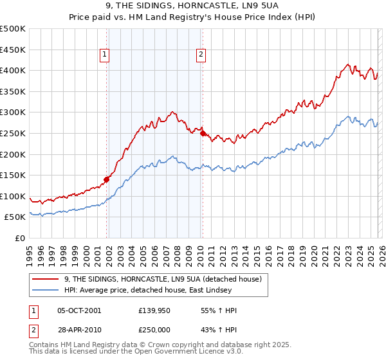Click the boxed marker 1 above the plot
point(104,55)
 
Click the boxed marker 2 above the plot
point(201,55)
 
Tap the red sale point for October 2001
point(107,179)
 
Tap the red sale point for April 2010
point(203,134)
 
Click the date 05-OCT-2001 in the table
point(78,310)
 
